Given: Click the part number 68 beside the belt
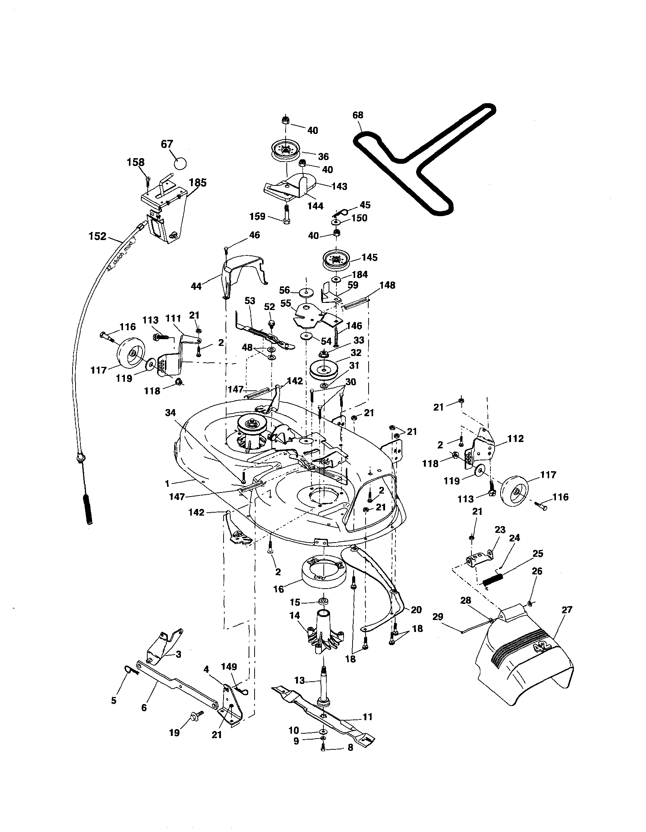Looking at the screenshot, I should [358, 115].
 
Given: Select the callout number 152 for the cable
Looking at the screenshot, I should [97, 236].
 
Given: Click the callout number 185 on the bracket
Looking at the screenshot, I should [198, 182].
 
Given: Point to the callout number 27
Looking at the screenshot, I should [567, 610].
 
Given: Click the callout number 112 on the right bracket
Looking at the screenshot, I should [516, 439].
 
